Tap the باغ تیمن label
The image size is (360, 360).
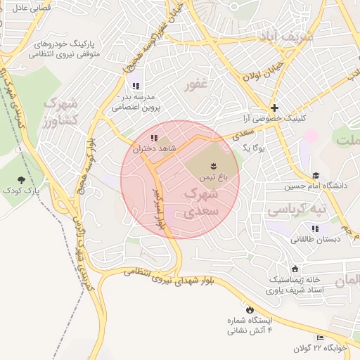pyautogui.click(x=210, y=179)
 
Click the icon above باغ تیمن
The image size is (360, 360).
pyautogui.click(x=210, y=166)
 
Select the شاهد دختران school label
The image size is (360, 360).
pyautogui.click(x=159, y=149)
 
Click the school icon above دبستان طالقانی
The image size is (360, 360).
pyautogui.click(x=314, y=228)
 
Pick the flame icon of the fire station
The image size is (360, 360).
pyautogui.click(x=248, y=309)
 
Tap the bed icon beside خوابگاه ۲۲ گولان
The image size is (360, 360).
pyautogui.click(x=320, y=337)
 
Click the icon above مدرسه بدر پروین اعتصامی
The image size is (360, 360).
pyautogui.click(x=136, y=86)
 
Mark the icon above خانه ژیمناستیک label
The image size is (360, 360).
pyautogui.click(x=294, y=269)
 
